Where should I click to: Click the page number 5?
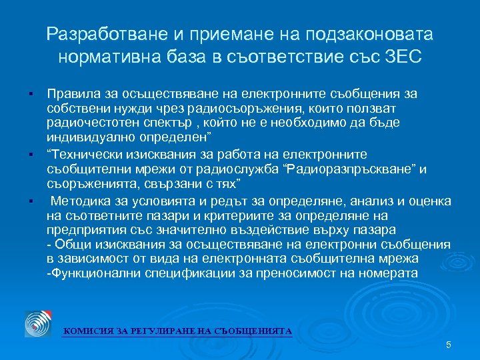tap(448, 345)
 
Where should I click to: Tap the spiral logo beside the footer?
tap(37, 323)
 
